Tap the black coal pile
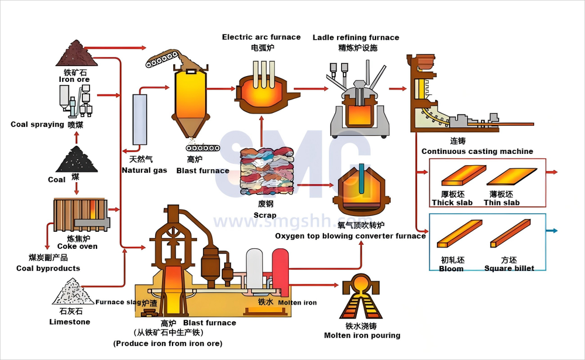point(75,159)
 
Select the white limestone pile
point(74,292)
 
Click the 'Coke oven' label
point(77,246)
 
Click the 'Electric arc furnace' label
point(261,37)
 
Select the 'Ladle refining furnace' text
point(356,37)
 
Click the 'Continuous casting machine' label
point(477,152)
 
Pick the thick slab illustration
point(462,176)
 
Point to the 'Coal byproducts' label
point(48,269)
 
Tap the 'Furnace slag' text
point(118,303)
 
